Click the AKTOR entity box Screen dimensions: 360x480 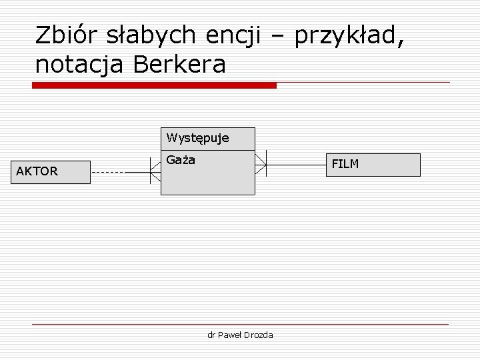click(52, 171)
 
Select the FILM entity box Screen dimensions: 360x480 click(377, 165)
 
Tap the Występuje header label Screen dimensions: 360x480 click(198, 139)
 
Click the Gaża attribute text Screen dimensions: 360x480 click(181, 160)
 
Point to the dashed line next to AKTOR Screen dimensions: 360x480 click(107, 173)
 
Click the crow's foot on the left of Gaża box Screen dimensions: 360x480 click(155, 173)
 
